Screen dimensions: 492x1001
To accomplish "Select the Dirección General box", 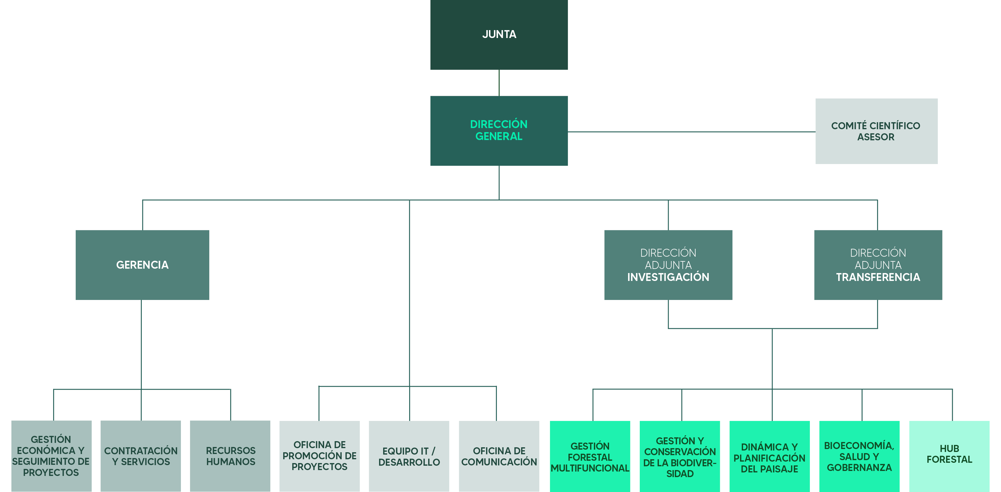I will [499, 131].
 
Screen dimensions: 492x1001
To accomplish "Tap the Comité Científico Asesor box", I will [876, 131].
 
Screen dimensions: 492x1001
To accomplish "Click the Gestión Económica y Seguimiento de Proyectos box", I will [51, 455].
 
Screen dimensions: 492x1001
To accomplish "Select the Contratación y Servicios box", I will [141, 455].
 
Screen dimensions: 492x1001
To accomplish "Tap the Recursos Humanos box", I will [230, 455].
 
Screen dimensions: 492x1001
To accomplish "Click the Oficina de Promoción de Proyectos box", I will [319, 455].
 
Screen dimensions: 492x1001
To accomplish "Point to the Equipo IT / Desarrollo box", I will [409, 455].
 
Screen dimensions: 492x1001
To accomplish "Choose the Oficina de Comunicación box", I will [499, 455].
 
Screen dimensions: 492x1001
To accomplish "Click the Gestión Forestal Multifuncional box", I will [590, 456].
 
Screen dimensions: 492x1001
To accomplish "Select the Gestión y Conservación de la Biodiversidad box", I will [680, 456].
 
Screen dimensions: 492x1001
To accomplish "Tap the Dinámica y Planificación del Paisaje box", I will [770, 456].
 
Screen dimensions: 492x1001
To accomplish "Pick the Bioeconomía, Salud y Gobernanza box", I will [859, 456].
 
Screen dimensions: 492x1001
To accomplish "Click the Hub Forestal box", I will [949, 456].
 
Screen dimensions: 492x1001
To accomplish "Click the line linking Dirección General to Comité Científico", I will [692, 132].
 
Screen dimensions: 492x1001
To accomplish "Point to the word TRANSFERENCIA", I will [878, 277].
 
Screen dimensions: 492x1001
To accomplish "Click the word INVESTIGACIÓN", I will [668, 277].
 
